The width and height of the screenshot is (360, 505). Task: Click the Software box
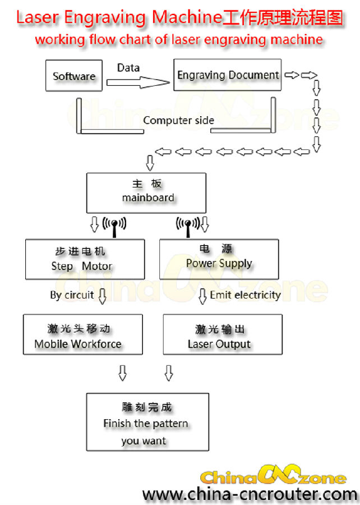point(74,76)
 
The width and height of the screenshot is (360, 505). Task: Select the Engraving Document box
point(228,75)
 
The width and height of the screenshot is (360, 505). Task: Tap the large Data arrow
point(138,82)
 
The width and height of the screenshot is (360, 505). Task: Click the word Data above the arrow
point(128,68)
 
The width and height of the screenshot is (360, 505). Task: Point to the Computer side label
point(178,120)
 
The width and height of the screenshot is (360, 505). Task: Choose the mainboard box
point(146,192)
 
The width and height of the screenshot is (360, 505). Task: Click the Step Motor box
point(85,259)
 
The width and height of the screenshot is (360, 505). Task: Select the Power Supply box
point(219,259)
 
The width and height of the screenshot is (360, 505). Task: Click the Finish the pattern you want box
point(147,423)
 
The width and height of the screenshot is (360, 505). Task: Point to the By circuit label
point(72,295)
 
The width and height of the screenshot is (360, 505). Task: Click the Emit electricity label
point(245,295)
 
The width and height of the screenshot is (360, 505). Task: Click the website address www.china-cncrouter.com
point(249,494)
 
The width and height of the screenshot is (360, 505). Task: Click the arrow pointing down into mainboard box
point(150,163)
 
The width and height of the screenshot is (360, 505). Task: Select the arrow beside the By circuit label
point(102,296)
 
